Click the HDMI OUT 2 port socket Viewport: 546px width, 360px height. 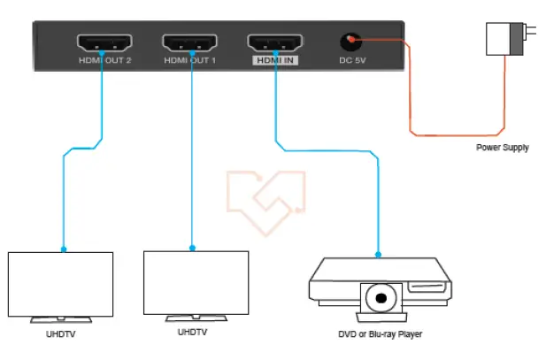click(104, 42)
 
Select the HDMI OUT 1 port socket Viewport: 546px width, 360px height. click(190, 42)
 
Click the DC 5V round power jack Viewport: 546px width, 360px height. click(352, 42)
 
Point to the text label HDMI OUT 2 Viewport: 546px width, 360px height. click(104, 61)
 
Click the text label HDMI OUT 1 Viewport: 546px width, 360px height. click(190, 61)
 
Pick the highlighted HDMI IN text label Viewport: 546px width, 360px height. click(276, 61)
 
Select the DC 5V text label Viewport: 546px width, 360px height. click(352, 61)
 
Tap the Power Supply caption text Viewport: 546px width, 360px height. click(502, 148)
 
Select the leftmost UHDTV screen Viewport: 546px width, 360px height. click(60, 283)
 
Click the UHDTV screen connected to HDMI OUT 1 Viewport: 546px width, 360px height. click(196, 283)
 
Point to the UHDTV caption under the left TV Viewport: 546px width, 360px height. click(61, 334)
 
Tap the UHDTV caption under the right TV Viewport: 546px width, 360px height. click(192, 333)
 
